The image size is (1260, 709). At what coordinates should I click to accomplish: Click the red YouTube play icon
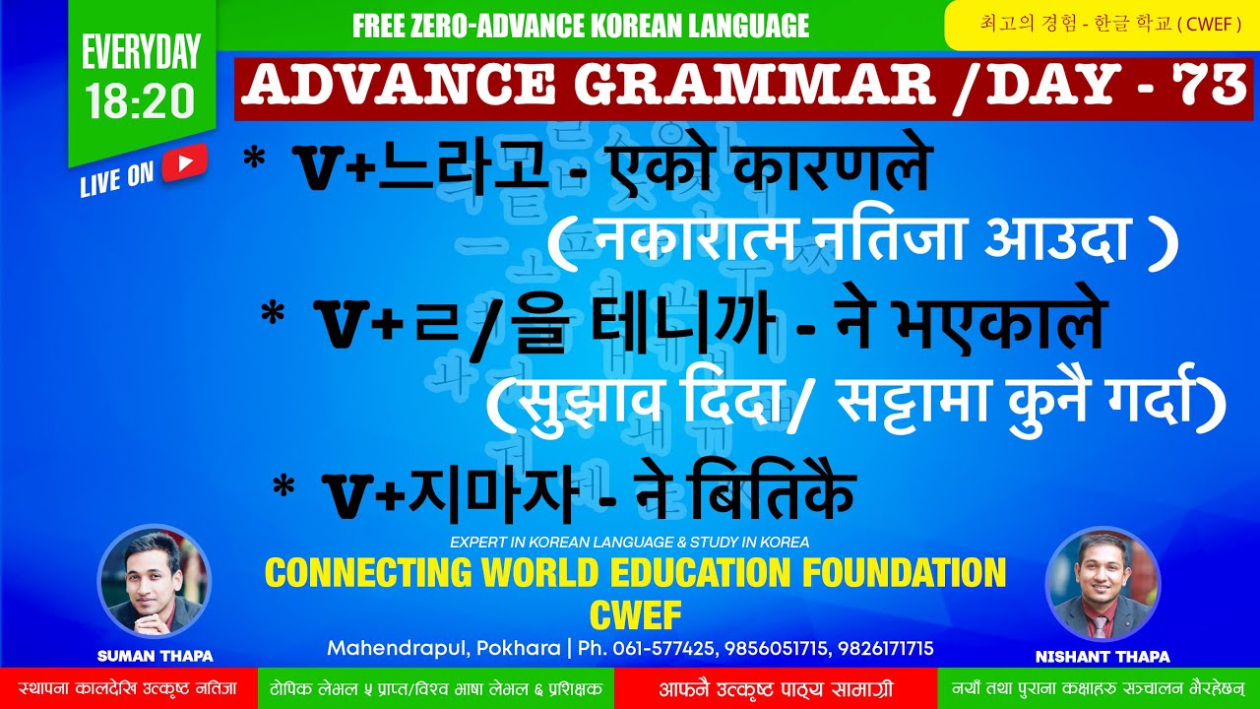(184, 163)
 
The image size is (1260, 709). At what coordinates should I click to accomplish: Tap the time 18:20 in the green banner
(141, 102)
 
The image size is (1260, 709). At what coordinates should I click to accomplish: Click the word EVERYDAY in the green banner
(141, 52)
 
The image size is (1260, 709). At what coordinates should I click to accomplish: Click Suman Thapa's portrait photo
(155, 581)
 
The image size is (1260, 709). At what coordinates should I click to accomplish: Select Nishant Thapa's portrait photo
(1102, 583)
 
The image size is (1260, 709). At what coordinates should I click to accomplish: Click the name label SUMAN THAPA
(155, 656)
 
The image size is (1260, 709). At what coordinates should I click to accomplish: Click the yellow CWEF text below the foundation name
(635, 615)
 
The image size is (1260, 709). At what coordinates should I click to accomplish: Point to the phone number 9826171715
(882, 649)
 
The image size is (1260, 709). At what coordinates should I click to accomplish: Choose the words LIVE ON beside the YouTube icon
(117, 177)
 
